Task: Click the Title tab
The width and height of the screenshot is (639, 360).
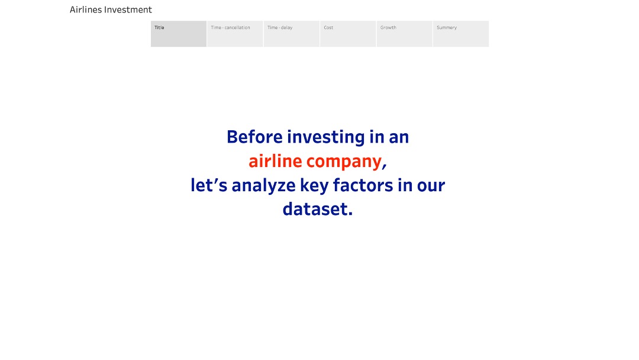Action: tap(179, 34)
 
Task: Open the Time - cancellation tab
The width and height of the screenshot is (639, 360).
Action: tap(235, 34)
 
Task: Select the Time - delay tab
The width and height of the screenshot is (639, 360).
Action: tap(291, 34)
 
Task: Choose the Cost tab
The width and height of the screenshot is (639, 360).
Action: tap(348, 34)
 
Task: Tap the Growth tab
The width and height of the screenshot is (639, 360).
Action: tap(404, 34)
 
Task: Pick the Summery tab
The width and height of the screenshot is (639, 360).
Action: tap(461, 34)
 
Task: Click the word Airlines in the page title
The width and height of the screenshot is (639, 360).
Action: tap(86, 9)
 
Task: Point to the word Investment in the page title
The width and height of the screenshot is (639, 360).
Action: tap(128, 9)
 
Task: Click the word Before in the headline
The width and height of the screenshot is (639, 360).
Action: tap(254, 137)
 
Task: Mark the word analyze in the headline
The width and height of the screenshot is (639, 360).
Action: tap(263, 186)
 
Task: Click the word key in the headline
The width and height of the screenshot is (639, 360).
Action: tap(314, 186)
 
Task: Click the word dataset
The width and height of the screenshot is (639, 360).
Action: tap(318, 209)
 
